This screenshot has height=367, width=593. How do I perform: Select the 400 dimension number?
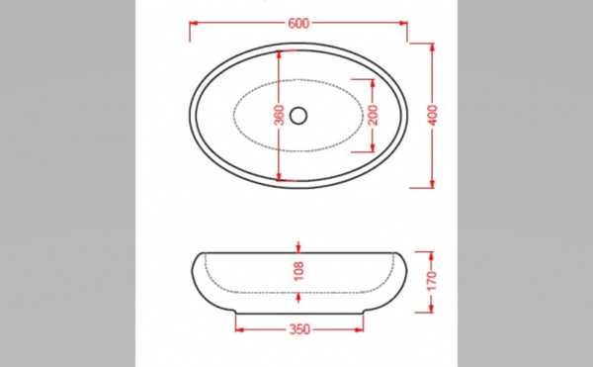(433, 116)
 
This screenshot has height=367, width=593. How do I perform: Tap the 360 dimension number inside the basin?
(280, 116)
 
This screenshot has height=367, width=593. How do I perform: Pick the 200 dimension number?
(373, 116)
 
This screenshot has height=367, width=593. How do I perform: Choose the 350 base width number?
(300, 328)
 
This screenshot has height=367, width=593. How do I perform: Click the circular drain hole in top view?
(299, 116)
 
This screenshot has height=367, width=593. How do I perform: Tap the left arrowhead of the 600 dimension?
(194, 22)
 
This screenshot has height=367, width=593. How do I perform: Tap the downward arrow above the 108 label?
(299, 247)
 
